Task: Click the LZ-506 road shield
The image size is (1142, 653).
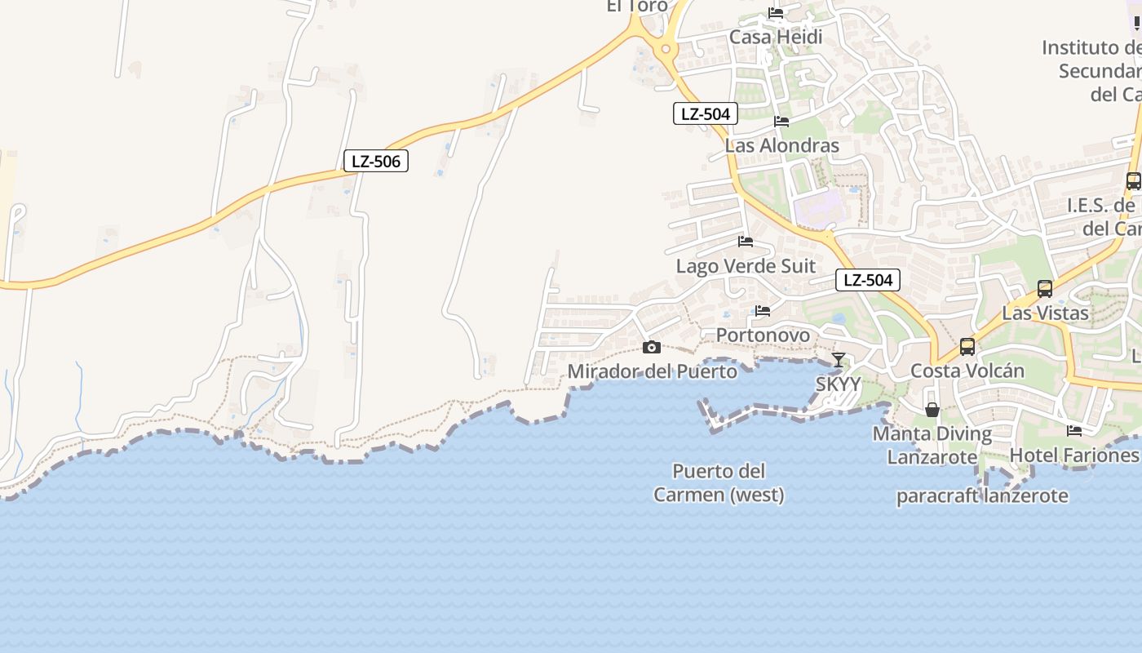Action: pyautogui.click(x=375, y=162)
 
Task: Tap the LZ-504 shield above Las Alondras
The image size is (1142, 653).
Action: pyautogui.click(x=706, y=113)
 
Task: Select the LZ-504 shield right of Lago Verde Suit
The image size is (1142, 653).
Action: pyautogui.click(x=868, y=280)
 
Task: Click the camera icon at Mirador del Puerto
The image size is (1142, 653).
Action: pyautogui.click(x=651, y=348)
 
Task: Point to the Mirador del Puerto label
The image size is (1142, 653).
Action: pyautogui.click(x=652, y=371)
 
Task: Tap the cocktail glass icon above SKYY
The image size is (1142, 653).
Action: pyautogui.click(x=839, y=359)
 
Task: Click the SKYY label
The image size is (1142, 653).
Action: pyautogui.click(x=839, y=384)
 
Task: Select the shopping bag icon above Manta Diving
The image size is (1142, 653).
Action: pyautogui.click(x=932, y=409)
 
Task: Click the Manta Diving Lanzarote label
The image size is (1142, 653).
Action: pyautogui.click(x=932, y=445)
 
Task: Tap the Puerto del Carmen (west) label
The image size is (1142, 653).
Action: pyautogui.click(x=719, y=482)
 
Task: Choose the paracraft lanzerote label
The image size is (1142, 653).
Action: pyautogui.click(x=982, y=495)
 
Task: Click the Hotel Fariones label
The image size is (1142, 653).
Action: pyautogui.click(x=1074, y=455)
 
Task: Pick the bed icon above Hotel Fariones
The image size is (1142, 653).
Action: pyautogui.click(x=1074, y=430)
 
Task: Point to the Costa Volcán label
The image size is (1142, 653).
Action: pyautogui.click(x=967, y=371)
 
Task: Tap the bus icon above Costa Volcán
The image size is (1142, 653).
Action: pyautogui.click(x=967, y=347)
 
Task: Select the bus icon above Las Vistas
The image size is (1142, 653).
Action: pyautogui.click(x=1045, y=288)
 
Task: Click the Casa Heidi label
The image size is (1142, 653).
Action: pyautogui.click(x=776, y=37)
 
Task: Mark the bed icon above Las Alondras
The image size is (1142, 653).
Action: pyautogui.click(x=781, y=122)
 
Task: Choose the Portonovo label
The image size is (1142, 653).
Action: pyautogui.click(x=763, y=335)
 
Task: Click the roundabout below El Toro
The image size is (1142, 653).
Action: pyautogui.click(x=666, y=49)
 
